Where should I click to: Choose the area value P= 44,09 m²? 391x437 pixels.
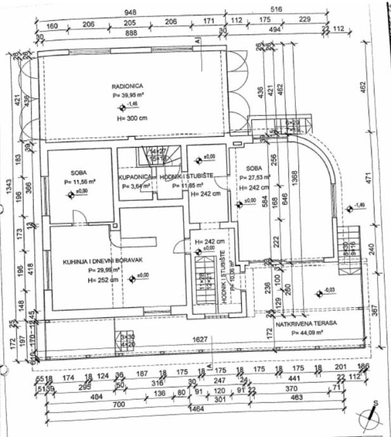(x=312, y=332)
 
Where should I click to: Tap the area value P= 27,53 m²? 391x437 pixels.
(x=255, y=178)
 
